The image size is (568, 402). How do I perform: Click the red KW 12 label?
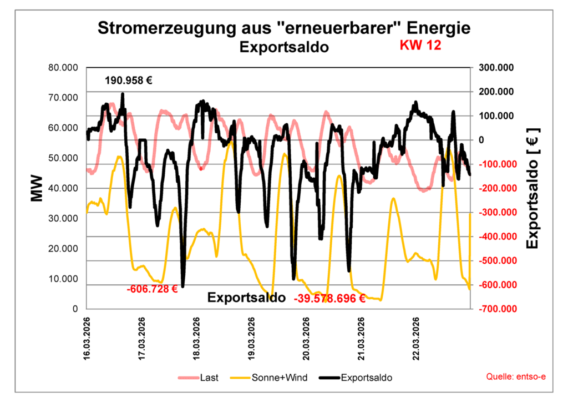click(x=420, y=46)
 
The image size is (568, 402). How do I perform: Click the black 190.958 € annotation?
click(x=129, y=81)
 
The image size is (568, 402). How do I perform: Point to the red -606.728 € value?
click(x=151, y=289)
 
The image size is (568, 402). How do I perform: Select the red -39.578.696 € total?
click(x=329, y=298)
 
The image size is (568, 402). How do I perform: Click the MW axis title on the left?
click(x=37, y=188)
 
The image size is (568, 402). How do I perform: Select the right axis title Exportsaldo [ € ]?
click(x=532, y=188)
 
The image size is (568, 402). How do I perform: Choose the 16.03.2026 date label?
click(x=87, y=339)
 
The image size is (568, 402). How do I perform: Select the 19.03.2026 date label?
click(x=252, y=339)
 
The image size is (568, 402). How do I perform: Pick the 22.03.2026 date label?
click(x=417, y=339)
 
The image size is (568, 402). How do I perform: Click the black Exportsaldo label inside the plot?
click(x=246, y=298)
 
